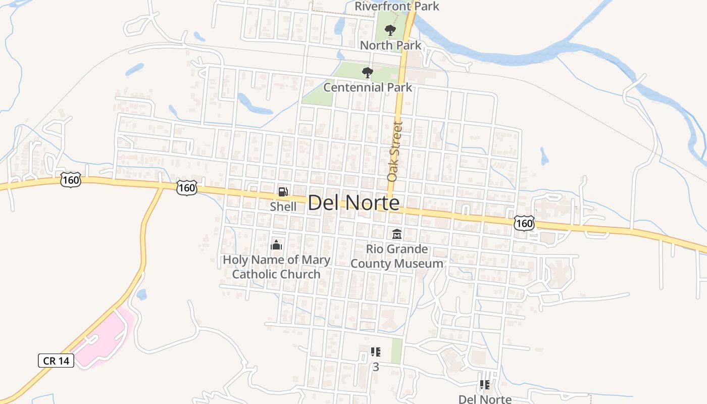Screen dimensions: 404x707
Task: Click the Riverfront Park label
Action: click(x=396, y=6)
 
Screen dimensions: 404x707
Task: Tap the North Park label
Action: click(x=390, y=45)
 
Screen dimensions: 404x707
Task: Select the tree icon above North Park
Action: click(x=390, y=30)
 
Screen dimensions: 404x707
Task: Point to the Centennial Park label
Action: click(x=368, y=87)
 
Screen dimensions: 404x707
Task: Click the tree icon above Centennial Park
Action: click(x=368, y=73)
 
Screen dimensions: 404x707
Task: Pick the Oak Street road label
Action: click(x=395, y=151)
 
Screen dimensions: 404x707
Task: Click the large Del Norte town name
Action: click(x=353, y=203)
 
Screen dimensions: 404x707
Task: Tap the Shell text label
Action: click(x=283, y=207)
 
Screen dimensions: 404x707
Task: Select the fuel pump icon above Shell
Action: click(x=283, y=192)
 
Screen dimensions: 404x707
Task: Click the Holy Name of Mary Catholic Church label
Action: click(x=276, y=267)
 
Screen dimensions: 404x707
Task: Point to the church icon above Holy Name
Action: click(x=276, y=245)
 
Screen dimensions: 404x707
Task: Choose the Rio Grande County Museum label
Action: click(x=397, y=256)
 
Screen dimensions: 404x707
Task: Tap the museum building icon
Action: click(x=397, y=234)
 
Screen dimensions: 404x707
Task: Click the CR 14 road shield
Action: click(x=56, y=361)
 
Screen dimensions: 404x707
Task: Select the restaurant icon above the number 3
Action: click(x=375, y=352)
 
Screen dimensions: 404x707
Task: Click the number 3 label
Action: click(x=375, y=367)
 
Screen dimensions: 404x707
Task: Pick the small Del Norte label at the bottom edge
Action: click(x=485, y=399)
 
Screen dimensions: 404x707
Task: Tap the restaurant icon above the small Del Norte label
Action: click(x=485, y=385)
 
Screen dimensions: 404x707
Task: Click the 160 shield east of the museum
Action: click(x=524, y=223)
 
